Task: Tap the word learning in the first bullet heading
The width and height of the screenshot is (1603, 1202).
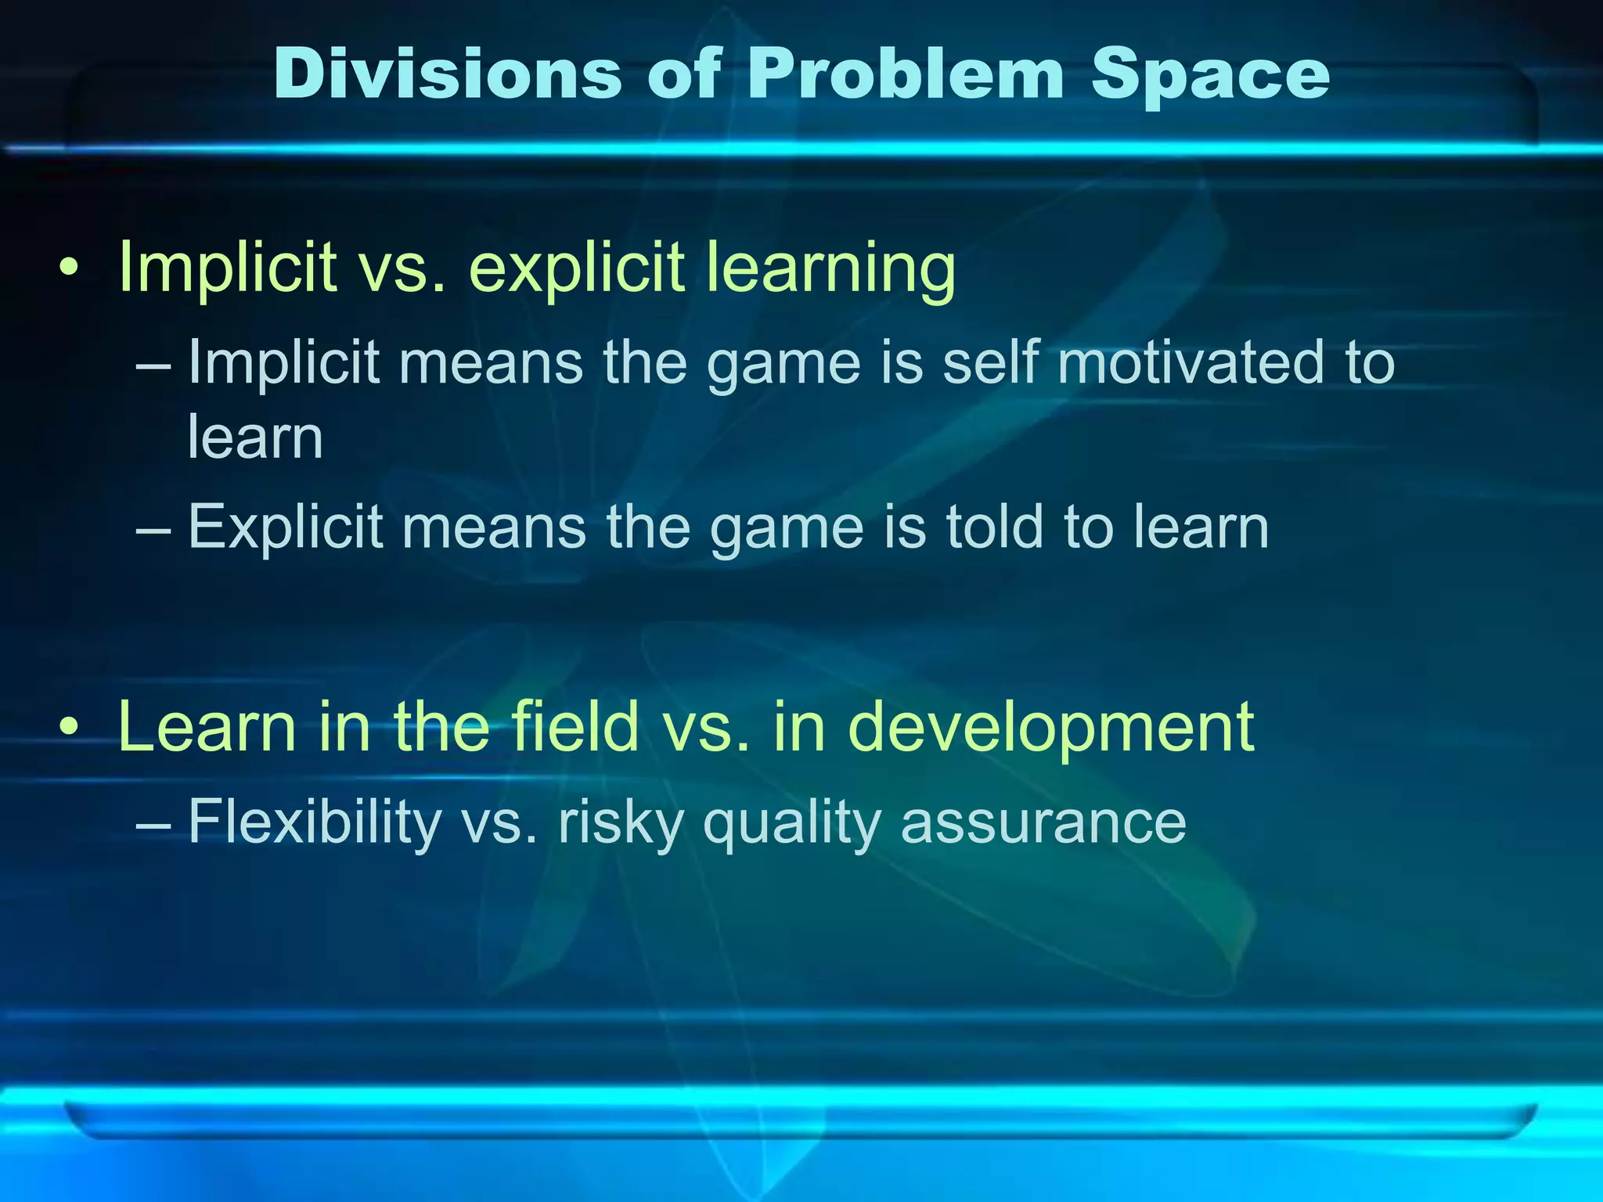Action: tap(830, 268)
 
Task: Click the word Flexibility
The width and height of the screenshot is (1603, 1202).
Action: tap(315, 823)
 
